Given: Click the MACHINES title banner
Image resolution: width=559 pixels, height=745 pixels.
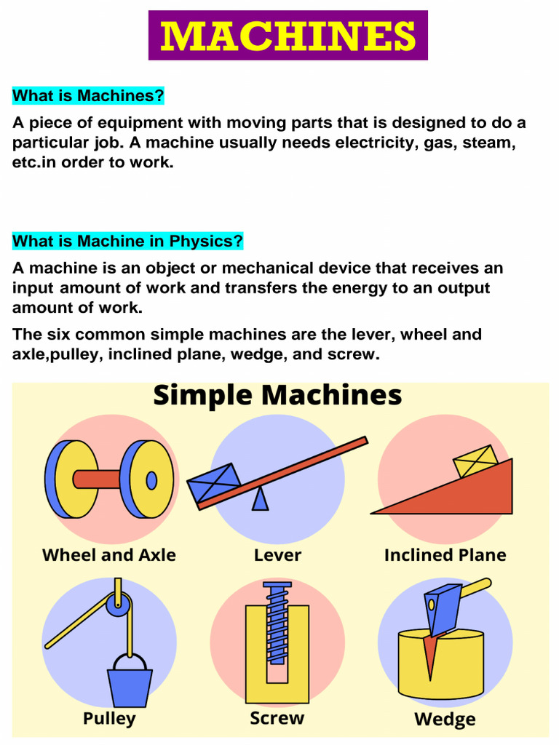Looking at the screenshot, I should [x=288, y=36].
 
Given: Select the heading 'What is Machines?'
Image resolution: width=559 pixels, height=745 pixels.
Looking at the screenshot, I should [x=88, y=95].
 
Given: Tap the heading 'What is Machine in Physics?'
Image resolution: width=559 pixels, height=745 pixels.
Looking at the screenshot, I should [x=127, y=241].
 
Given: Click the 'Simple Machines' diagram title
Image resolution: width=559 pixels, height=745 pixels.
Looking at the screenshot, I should [x=277, y=396].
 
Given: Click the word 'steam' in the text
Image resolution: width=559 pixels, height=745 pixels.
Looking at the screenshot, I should [x=488, y=143].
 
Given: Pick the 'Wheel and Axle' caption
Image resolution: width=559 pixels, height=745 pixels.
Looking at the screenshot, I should [x=109, y=555].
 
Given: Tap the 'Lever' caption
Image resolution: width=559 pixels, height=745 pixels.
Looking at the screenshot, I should [x=277, y=555].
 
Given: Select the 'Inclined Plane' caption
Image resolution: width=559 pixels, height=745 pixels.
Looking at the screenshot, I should [x=445, y=555].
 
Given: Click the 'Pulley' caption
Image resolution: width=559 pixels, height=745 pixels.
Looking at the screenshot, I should [x=109, y=719].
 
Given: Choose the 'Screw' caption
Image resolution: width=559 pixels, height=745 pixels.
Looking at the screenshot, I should [x=277, y=719].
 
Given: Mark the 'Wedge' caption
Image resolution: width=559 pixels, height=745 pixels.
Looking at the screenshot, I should [x=445, y=720].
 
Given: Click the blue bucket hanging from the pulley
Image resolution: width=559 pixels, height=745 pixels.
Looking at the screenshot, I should [x=130, y=688].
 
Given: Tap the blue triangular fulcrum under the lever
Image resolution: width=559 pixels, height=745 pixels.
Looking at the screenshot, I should [x=260, y=499].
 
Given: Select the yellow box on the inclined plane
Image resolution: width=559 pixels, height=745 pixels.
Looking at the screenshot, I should [x=475, y=462].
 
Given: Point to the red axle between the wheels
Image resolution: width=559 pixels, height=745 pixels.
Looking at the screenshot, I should [x=98, y=479].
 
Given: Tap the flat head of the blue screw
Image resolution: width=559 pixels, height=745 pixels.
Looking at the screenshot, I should [x=277, y=585].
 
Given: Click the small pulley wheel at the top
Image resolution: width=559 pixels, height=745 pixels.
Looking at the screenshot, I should [x=118, y=603].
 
